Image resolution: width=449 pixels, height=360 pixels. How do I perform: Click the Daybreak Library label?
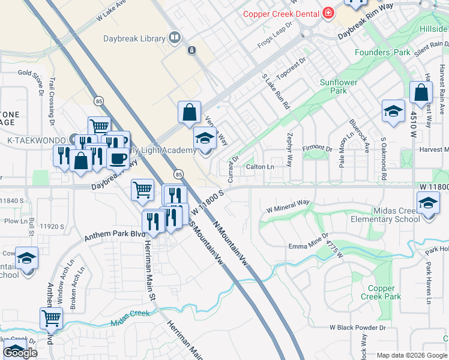(134, 38)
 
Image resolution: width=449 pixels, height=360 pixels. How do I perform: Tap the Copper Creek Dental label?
(280, 13)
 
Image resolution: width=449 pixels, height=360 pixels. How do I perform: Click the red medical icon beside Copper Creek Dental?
(328, 13)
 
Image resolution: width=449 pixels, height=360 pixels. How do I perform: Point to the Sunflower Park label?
(339, 86)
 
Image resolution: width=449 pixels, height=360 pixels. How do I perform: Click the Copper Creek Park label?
(381, 292)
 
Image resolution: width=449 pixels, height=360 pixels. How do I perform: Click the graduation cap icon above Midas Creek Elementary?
(427, 202)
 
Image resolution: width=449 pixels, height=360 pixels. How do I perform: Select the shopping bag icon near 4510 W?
(421, 92)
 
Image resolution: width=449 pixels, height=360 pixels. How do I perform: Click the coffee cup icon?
(118, 158)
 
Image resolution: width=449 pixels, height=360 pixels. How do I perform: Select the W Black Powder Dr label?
(358, 328)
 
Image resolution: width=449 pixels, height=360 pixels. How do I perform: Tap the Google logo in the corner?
(20, 353)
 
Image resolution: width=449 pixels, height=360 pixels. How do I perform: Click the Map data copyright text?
(411, 355)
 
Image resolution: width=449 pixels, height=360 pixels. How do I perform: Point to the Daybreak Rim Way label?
(365, 28)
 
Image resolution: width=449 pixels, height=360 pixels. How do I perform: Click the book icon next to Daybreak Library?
(174, 38)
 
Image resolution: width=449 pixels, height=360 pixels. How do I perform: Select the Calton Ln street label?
(260, 166)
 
